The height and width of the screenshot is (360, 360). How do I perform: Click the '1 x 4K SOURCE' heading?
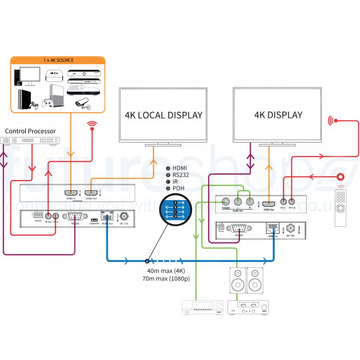click(58, 60)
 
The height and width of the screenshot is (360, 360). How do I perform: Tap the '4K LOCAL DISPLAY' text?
click(163, 115)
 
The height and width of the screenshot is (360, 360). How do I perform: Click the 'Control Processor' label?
click(31, 131)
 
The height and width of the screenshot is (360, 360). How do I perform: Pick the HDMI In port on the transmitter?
click(71, 193)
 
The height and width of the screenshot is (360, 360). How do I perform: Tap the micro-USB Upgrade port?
click(94, 218)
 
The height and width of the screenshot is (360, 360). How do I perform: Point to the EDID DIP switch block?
click(38, 215)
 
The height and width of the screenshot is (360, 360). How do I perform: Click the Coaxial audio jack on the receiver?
click(225, 202)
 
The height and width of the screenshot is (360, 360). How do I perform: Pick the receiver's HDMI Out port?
click(268, 203)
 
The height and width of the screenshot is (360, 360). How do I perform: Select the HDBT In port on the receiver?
click(273, 229)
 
